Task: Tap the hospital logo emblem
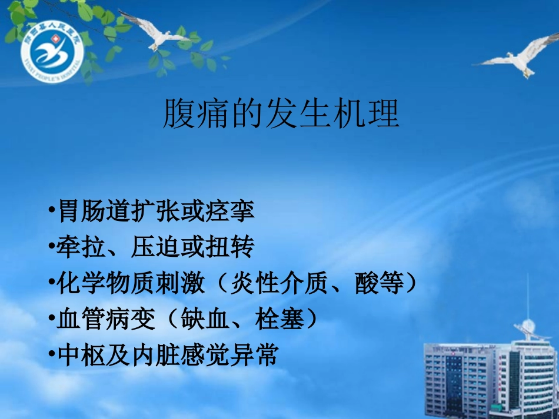[x=52, y=56]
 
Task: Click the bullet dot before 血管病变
[x=52, y=320]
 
